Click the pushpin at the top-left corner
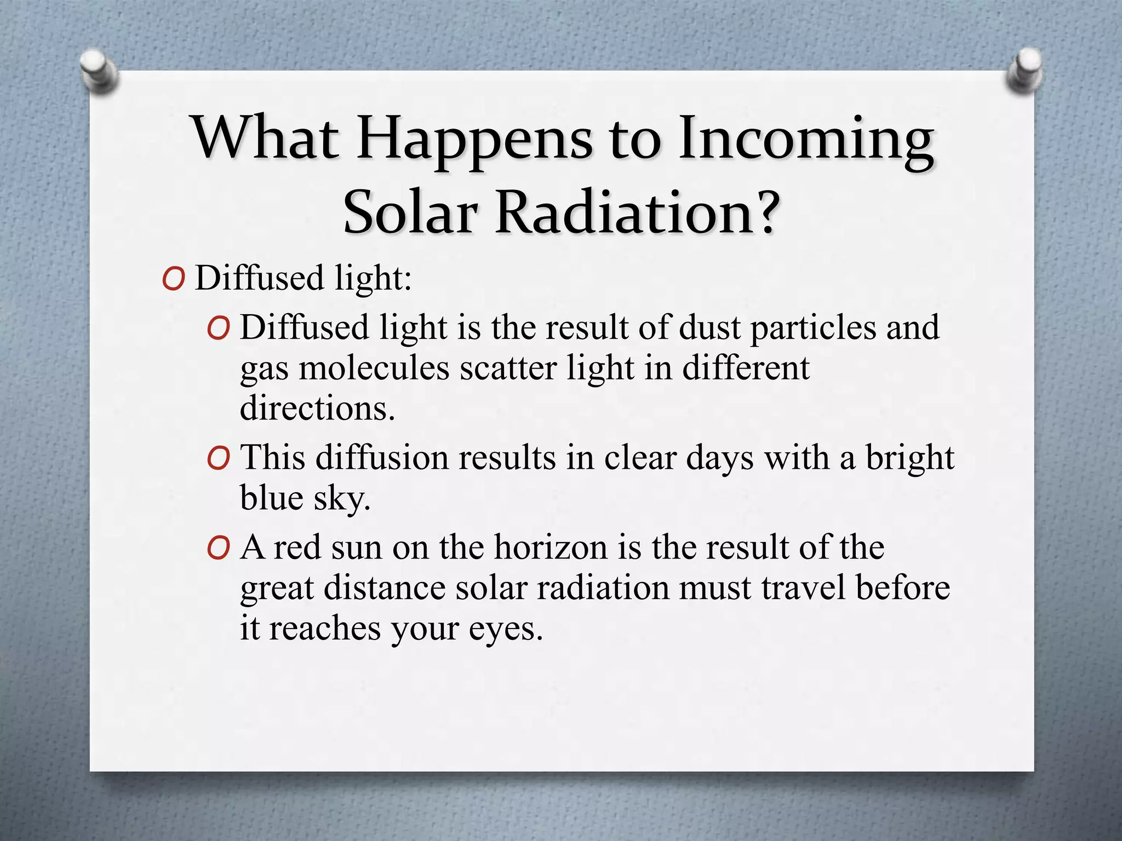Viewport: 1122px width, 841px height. click(x=99, y=70)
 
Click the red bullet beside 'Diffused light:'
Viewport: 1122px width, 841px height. click(x=173, y=280)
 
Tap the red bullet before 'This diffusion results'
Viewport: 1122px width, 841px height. click(x=218, y=459)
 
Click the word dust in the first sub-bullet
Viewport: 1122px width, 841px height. click(x=709, y=327)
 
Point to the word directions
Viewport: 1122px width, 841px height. click(x=317, y=408)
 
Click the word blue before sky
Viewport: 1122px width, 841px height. click(x=272, y=498)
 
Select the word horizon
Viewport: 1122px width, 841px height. click(x=551, y=547)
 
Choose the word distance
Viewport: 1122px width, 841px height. click(x=385, y=588)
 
